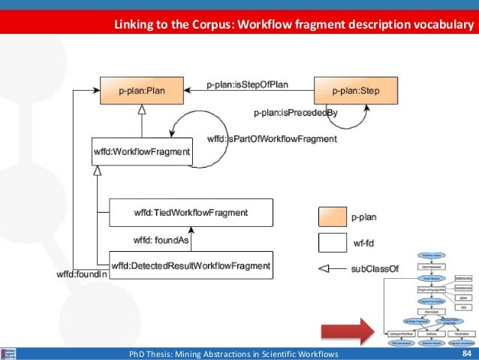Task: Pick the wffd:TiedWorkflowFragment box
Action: [x=190, y=213]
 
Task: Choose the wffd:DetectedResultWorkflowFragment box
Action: [x=191, y=265]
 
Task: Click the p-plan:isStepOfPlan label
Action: [x=248, y=85]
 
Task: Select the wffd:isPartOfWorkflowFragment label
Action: [x=272, y=139]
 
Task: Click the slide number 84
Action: [x=466, y=353]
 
